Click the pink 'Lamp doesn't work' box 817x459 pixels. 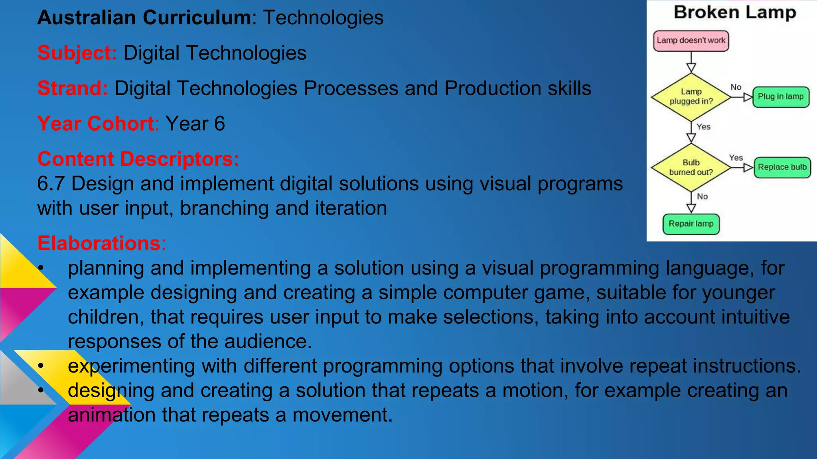coord(691,41)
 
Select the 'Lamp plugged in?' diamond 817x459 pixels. coord(691,97)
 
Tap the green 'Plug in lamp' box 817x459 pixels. coord(781,97)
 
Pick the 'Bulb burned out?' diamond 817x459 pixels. coord(691,167)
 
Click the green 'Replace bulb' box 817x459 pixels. coord(782,167)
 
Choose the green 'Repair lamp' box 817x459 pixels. coord(691,224)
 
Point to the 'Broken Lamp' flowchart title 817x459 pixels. coord(735,13)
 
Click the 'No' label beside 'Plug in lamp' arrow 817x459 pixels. coord(736,87)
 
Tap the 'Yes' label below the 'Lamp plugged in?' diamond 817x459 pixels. coord(703,127)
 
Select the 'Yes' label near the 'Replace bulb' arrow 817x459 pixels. coord(736,158)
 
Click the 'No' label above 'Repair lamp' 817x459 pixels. coord(702,196)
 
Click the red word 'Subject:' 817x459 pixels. coord(77,53)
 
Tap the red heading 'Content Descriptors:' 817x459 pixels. coord(138,159)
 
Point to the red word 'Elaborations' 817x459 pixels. coord(99,243)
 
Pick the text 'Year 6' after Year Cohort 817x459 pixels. coord(195,124)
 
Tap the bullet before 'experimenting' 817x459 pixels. coord(41,366)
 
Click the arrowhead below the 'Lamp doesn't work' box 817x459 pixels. coord(691,67)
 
